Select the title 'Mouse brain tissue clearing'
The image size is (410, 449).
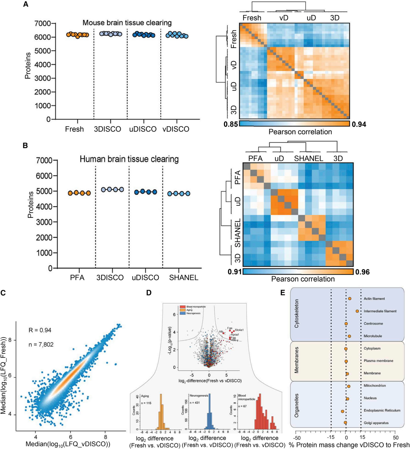(x=127, y=23)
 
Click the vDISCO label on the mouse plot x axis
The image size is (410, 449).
(x=176, y=129)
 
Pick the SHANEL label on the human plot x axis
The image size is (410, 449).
(x=184, y=278)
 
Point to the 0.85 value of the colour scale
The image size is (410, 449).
(x=231, y=124)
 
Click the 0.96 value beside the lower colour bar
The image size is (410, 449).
(x=362, y=272)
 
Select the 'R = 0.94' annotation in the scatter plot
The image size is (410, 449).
(x=40, y=330)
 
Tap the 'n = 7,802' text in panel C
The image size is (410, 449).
(x=41, y=345)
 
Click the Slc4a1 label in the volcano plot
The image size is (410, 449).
(x=239, y=330)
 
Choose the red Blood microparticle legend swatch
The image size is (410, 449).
(x=182, y=307)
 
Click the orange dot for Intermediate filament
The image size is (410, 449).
(x=357, y=311)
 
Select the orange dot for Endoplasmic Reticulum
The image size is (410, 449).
(x=342, y=411)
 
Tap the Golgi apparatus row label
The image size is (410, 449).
(x=376, y=423)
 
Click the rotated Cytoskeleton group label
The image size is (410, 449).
(x=297, y=313)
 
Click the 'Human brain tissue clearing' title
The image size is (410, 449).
(x=129, y=159)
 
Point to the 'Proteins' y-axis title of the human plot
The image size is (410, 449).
(x=31, y=205)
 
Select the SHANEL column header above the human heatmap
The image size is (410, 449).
(x=308, y=159)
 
